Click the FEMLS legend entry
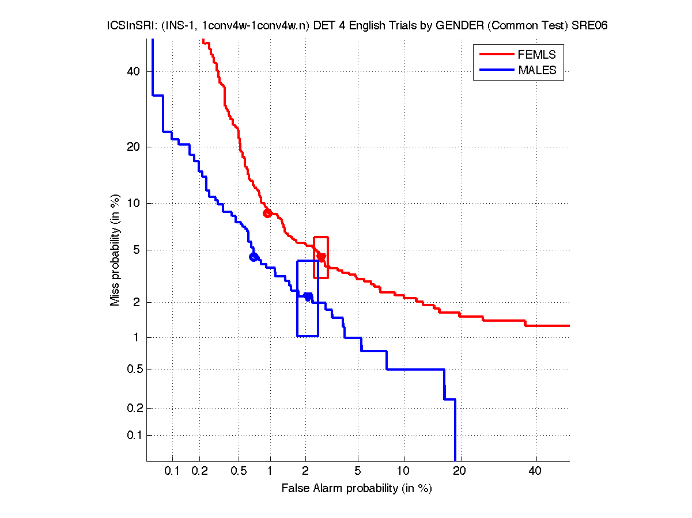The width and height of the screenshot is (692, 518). (536, 55)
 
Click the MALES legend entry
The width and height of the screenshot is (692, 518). (536, 70)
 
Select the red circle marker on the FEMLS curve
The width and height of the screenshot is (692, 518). (267, 213)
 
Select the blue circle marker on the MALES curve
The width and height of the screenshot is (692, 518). (254, 257)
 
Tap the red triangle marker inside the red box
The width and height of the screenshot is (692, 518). (322, 257)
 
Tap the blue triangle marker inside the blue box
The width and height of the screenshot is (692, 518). (308, 296)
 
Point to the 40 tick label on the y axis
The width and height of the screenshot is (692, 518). (134, 71)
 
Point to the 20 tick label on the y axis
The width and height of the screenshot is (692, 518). (134, 147)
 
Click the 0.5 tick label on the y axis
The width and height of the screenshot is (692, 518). (131, 369)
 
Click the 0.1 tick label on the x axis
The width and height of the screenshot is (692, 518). (172, 471)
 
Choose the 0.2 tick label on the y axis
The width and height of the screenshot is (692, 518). (131, 408)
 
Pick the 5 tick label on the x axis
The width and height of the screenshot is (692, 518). (358, 471)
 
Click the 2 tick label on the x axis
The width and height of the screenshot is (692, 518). (306, 471)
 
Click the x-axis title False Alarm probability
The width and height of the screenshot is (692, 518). (356, 489)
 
